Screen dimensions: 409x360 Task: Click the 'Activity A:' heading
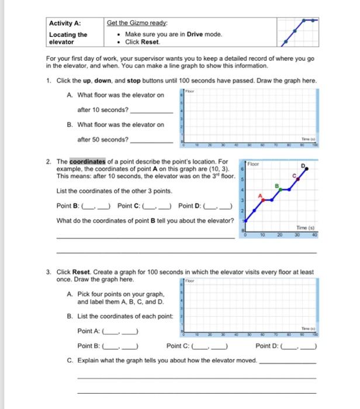64,24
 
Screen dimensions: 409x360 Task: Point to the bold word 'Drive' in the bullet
196,34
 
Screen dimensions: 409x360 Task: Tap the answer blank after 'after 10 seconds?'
151,110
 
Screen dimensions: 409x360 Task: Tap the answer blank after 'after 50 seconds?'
151,140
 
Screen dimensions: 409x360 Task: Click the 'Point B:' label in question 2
68,205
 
